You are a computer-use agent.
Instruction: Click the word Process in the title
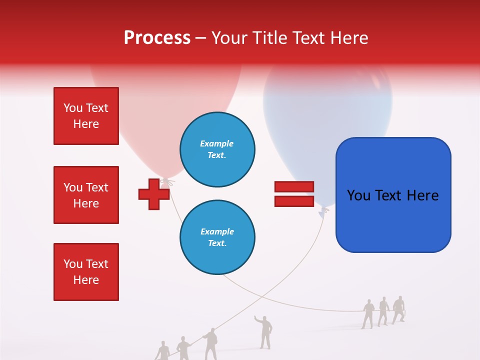tap(157, 37)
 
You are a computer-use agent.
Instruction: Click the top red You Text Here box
tap(86, 116)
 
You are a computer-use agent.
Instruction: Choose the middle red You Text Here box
tap(86, 195)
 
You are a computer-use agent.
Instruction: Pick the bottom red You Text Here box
tap(86, 272)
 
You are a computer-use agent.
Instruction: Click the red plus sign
tap(154, 194)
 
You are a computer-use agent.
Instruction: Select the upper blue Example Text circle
tap(217, 149)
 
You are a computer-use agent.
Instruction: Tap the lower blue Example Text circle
tap(217, 237)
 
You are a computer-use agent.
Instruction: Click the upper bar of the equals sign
tap(294, 186)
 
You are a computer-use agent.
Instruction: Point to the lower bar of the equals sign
tap(294, 201)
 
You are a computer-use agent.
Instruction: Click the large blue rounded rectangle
tap(393, 195)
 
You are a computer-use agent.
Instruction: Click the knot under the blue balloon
tap(324, 211)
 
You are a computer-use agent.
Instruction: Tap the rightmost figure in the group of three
tap(398, 309)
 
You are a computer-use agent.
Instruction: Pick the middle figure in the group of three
tap(383, 311)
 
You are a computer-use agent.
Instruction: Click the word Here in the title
tap(348, 38)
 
